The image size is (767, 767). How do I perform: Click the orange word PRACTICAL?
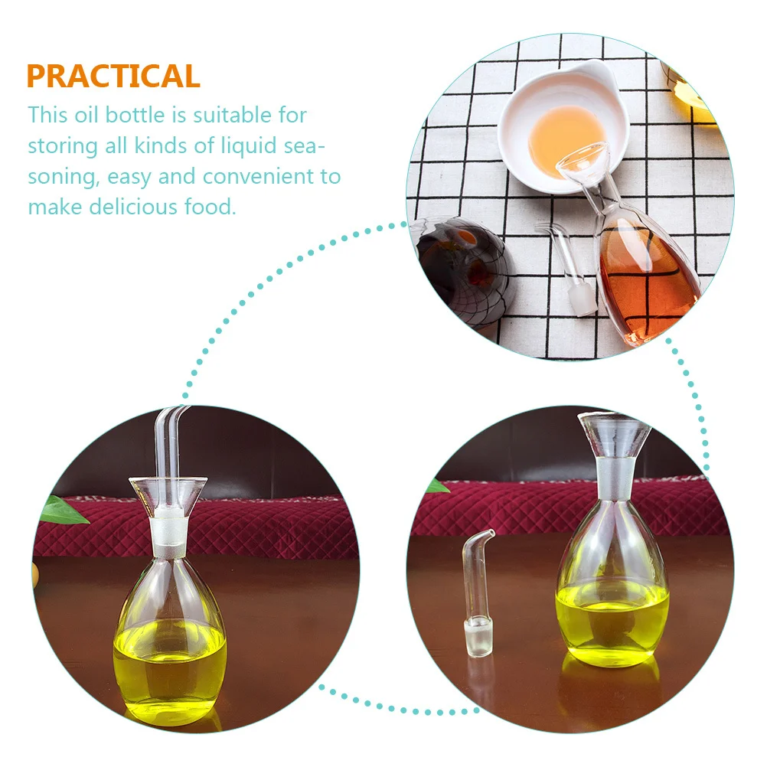click(x=113, y=77)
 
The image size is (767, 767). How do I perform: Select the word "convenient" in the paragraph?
click(x=250, y=177)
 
